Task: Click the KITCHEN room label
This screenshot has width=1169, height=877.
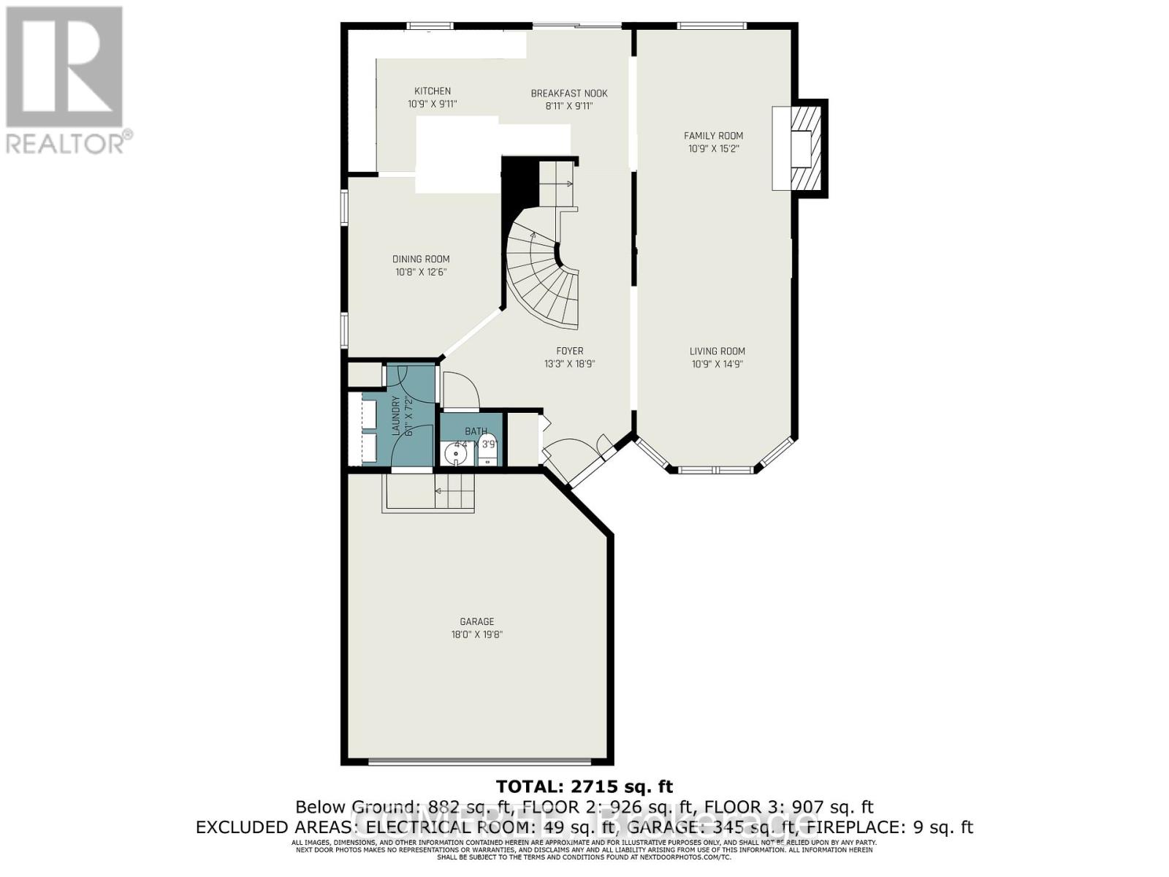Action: coord(433,91)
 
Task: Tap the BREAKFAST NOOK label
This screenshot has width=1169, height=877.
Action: coord(569,94)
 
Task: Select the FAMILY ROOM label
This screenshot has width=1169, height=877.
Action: coord(713,135)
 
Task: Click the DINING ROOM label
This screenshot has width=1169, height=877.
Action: coord(421,259)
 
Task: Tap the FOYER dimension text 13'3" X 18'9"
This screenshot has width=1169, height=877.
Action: coord(569,364)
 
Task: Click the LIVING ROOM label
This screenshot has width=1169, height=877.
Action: coord(717,351)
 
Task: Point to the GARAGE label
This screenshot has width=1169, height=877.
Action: coord(476,621)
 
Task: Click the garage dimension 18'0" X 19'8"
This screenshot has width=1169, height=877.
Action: coord(476,634)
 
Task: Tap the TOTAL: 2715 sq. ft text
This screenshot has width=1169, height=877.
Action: coord(584,786)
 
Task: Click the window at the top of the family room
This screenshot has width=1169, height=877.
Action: coord(712,26)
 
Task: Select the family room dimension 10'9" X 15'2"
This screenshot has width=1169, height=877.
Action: coord(713,148)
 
